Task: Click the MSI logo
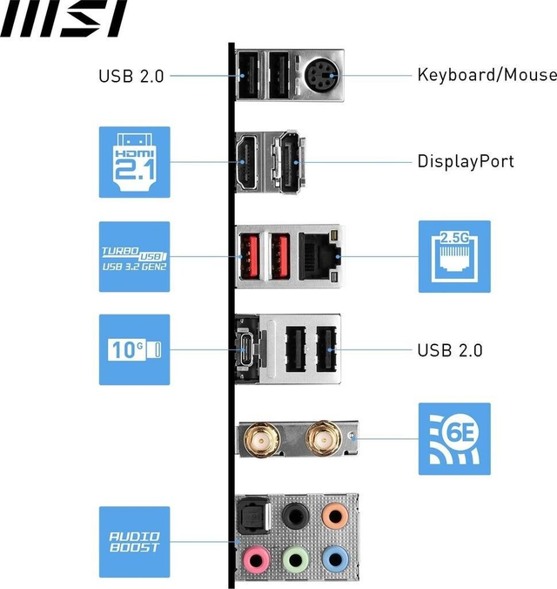tap(64, 19)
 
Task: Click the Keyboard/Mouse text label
tap(487, 75)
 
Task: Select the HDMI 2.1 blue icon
tap(134, 162)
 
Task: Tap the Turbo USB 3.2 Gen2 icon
tap(134, 256)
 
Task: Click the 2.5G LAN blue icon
tap(454, 256)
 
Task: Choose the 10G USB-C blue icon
tap(134, 350)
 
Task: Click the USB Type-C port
tap(247, 350)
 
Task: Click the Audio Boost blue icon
tap(134, 542)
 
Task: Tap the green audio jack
tap(295, 557)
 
